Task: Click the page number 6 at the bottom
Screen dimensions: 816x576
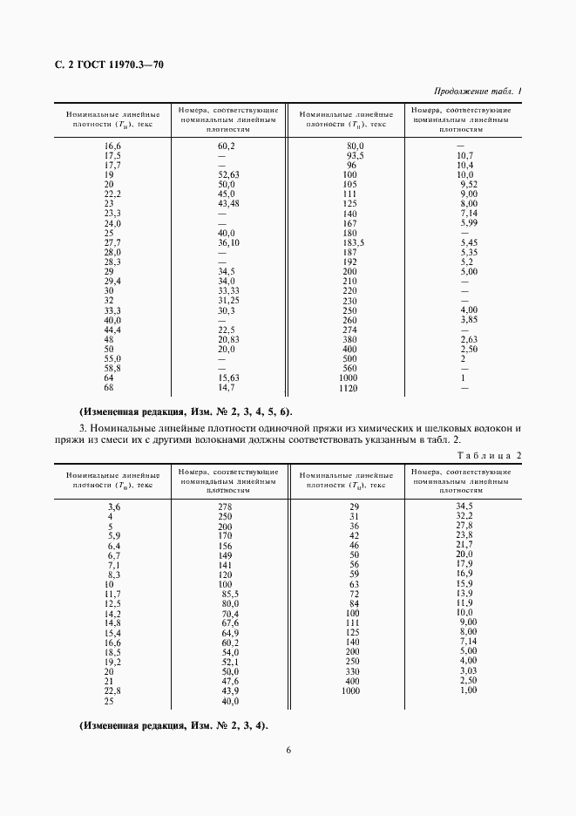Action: pyautogui.click(x=288, y=749)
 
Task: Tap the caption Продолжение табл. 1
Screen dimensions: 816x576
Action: pyautogui.click(x=477, y=92)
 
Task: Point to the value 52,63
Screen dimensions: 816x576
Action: pyautogui.click(x=227, y=174)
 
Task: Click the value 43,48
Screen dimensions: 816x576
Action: pyautogui.click(x=227, y=204)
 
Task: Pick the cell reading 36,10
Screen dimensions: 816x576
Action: pyautogui.click(x=227, y=242)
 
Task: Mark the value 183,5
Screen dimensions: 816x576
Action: pyautogui.click(x=352, y=242)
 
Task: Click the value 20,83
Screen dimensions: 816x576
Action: pyautogui.click(x=227, y=338)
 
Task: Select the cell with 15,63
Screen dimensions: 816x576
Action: pyautogui.click(x=227, y=377)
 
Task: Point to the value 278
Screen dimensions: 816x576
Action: pyautogui.click(x=226, y=507)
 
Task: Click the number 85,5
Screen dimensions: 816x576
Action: pyautogui.click(x=229, y=593)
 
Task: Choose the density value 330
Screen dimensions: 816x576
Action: pyautogui.click(x=352, y=671)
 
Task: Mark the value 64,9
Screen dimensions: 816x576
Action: pyautogui.click(x=229, y=633)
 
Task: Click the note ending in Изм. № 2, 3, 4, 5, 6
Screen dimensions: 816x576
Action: pyautogui.click(x=186, y=411)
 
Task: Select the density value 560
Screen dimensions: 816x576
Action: pyautogui.click(x=352, y=368)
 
